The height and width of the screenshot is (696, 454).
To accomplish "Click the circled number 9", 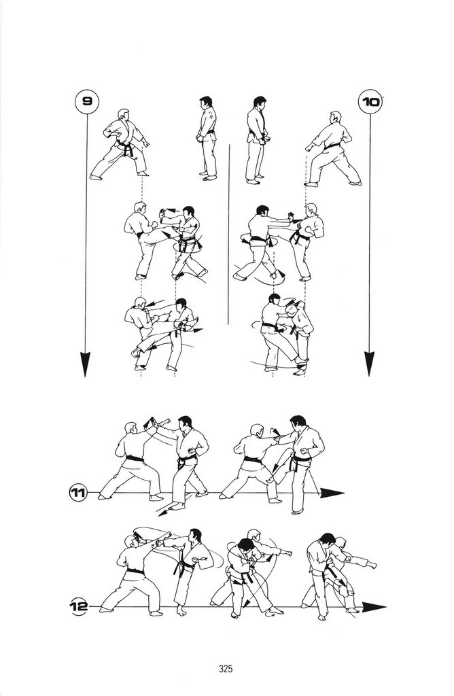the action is click(x=86, y=102).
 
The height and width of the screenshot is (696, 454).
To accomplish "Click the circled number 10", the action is click(x=370, y=102).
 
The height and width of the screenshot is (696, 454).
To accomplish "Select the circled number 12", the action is click(x=79, y=606).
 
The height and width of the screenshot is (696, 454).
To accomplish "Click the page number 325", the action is click(x=226, y=669).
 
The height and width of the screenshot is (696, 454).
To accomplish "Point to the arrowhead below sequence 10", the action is click(x=369, y=364).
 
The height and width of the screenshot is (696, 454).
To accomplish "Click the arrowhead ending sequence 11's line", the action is click(x=332, y=493).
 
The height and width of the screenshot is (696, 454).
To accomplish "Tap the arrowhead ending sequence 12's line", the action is click(x=374, y=607).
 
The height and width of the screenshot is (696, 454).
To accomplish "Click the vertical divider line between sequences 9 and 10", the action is click(x=228, y=234).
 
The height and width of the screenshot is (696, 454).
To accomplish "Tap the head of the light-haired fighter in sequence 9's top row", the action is click(x=124, y=115).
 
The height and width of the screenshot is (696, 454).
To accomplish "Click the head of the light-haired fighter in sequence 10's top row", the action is click(x=336, y=118).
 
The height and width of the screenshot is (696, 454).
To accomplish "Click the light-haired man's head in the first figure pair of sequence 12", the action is click(x=130, y=542).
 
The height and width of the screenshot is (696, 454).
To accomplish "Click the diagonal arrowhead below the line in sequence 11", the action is click(x=163, y=512).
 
